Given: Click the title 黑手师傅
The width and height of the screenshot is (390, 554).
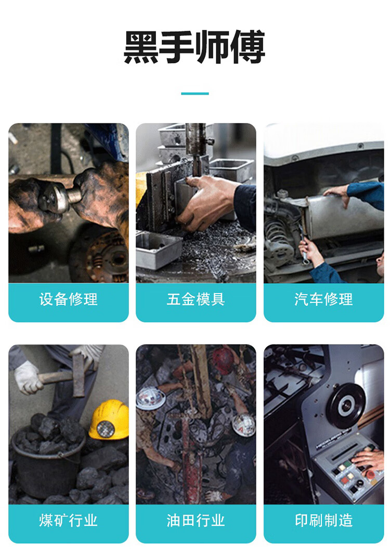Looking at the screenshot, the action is point(194,47).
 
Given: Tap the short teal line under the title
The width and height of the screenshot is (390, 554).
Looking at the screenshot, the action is point(195,94).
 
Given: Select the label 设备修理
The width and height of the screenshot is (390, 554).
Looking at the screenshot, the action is point(69,299).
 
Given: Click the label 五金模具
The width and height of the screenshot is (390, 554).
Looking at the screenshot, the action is point(196,299).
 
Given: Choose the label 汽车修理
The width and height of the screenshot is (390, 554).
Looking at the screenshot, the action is point(323,299).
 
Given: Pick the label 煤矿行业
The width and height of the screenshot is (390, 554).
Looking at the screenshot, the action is point(69,521).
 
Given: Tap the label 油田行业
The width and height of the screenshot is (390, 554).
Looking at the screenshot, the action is point(196,521).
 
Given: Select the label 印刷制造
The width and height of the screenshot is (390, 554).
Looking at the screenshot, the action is point(323,521).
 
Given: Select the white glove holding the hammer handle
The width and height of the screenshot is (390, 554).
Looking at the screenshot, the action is point(28,377).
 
